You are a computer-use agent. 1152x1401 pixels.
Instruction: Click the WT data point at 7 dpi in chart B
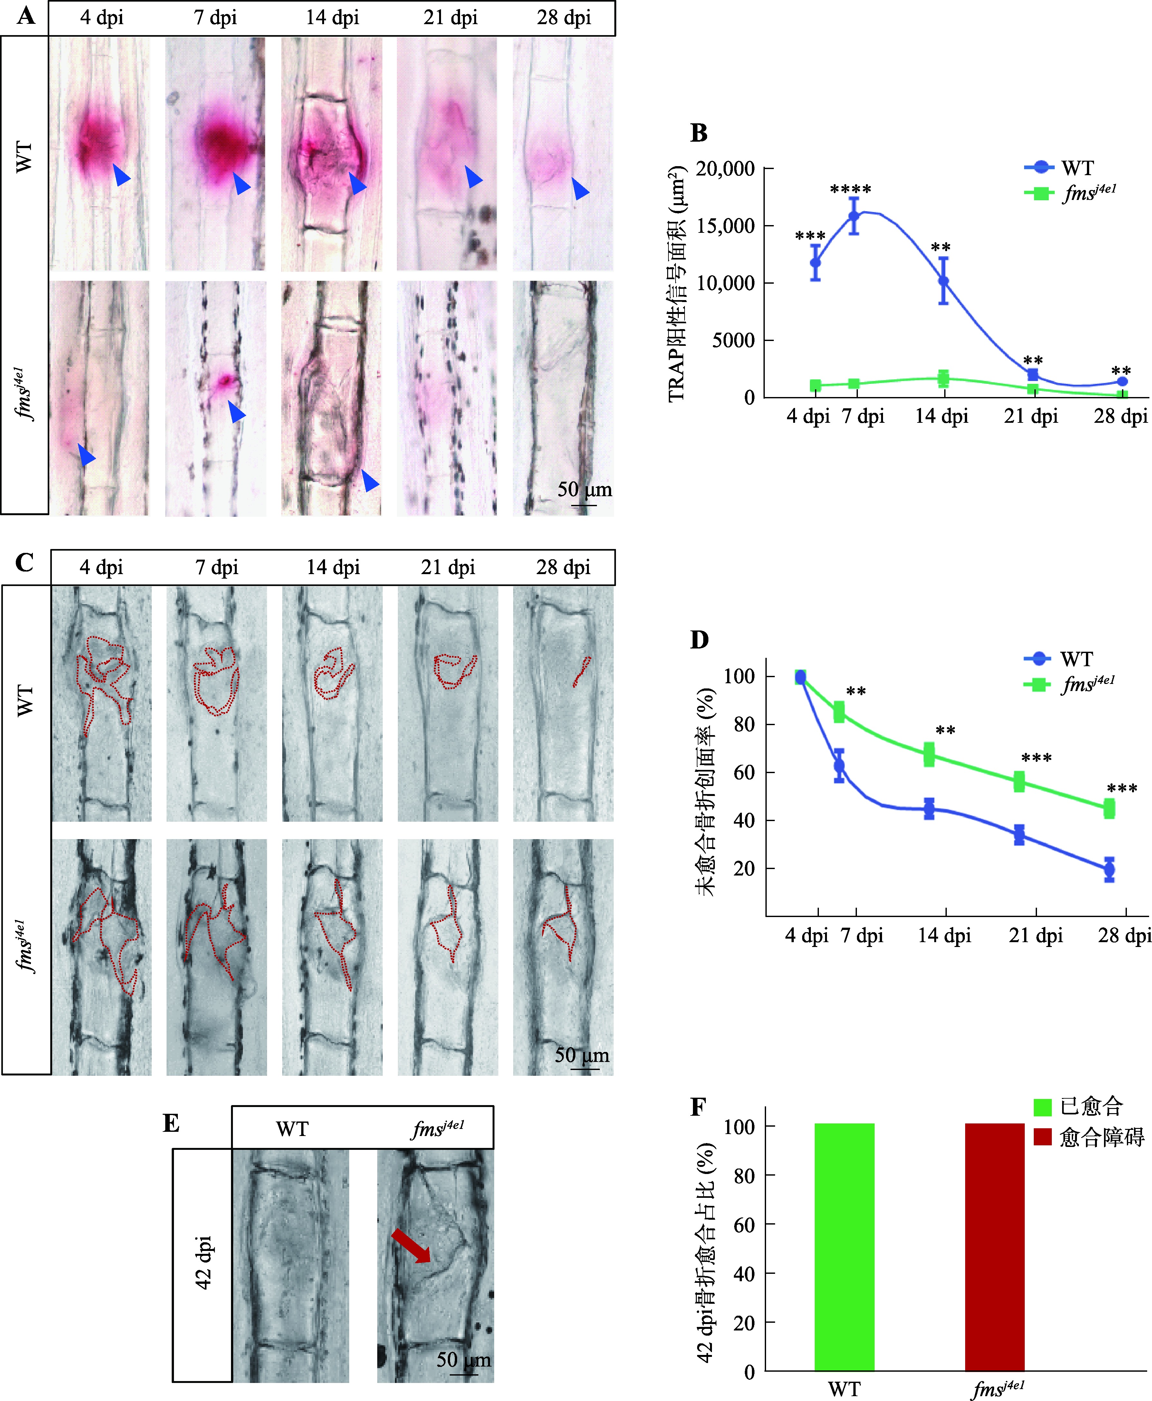pyautogui.click(x=854, y=216)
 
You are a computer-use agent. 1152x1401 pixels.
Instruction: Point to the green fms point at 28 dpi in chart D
pyautogui.click(x=1109, y=809)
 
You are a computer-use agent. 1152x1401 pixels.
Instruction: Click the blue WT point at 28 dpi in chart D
pyautogui.click(x=1109, y=869)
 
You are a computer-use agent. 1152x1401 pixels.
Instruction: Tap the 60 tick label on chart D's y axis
pyautogui.click(x=744, y=772)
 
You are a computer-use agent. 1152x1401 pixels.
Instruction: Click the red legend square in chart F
pyautogui.click(x=1042, y=1137)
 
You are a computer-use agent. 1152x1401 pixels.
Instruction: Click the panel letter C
pyautogui.click(x=24, y=563)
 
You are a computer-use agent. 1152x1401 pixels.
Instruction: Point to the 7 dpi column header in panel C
pyautogui.click(x=216, y=567)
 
